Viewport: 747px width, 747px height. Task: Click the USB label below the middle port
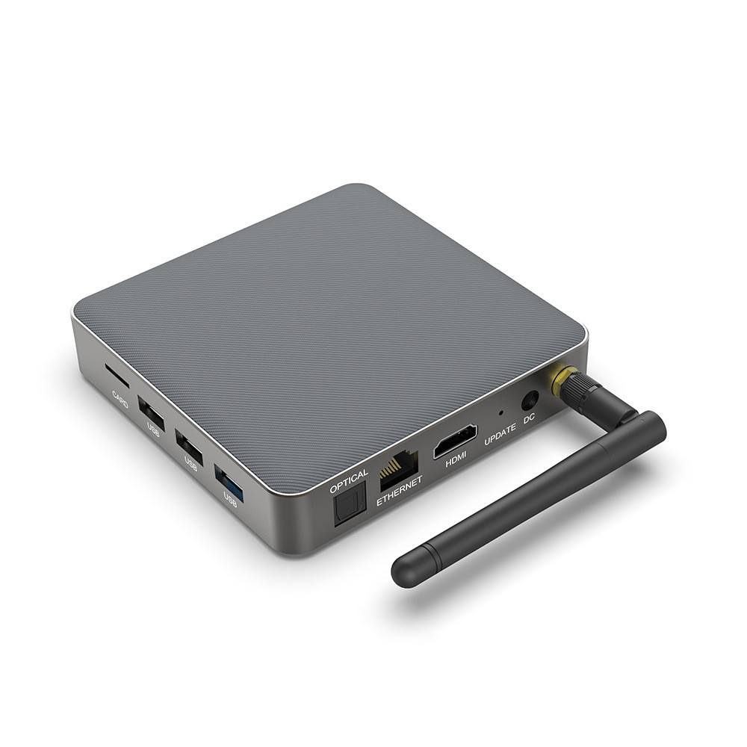point(190,464)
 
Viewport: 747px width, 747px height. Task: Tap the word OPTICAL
point(349,483)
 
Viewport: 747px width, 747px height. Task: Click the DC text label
point(530,420)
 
